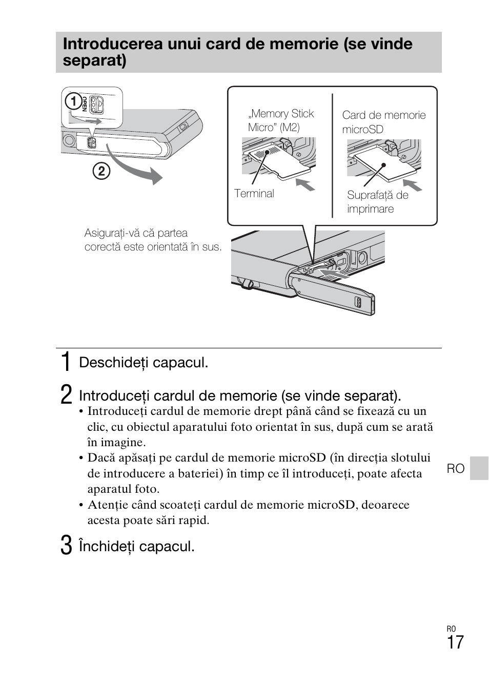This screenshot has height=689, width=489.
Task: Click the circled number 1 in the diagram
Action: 74,102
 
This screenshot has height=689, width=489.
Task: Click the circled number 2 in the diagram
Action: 101,171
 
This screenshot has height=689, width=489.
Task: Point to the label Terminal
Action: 254,194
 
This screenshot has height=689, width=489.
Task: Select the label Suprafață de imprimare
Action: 377,202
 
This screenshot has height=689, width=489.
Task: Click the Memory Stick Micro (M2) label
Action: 281,120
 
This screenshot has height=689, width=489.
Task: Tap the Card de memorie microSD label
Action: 383,122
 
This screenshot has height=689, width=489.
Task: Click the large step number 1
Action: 66,362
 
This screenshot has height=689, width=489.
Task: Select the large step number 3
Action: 66,546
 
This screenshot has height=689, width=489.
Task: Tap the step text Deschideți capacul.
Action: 144,363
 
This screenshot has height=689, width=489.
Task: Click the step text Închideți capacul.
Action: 136,546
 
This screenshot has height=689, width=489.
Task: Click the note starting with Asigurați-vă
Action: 153,240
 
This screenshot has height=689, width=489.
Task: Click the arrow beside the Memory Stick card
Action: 306,184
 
